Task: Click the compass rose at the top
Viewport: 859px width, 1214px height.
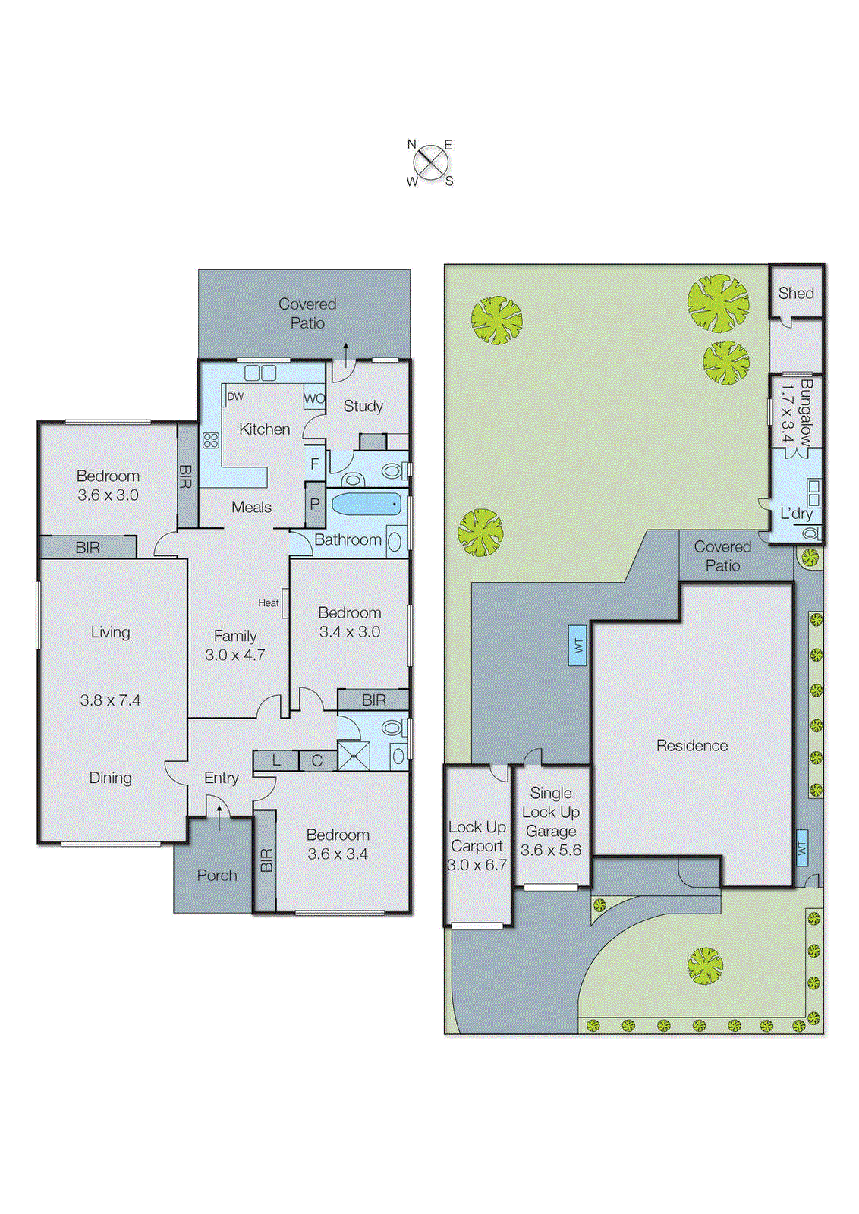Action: coord(431,162)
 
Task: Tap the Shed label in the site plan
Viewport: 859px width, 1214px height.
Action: coord(795,294)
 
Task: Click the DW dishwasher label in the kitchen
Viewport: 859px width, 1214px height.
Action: coord(235,397)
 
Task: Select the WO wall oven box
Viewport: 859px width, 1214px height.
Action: coord(314,398)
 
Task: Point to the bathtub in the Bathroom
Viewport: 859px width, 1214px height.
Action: coord(367,504)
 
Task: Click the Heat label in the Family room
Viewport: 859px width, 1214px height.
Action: coord(268,603)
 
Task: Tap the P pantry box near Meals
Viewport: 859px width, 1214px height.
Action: coord(315,505)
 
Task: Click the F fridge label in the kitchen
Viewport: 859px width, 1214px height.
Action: coord(315,464)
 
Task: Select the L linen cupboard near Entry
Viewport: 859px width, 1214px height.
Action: coord(276,760)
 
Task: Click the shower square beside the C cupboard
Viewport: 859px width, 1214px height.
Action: coord(354,756)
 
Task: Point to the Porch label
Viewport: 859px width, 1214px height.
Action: coord(217,876)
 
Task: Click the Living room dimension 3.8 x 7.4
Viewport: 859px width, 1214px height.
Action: coord(111,700)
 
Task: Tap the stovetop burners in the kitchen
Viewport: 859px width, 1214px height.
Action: coord(211,440)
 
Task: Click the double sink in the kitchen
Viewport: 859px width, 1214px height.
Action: coord(261,373)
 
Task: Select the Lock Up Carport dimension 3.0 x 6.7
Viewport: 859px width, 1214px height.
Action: coord(477,865)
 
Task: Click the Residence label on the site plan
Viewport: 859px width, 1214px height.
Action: coord(691,746)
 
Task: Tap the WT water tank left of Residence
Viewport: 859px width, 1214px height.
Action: coord(577,646)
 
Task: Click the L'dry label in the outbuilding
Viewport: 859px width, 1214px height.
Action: coord(796,514)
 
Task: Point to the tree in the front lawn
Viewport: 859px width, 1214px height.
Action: coord(705,966)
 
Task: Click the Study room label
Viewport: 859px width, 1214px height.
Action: coord(363,406)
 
